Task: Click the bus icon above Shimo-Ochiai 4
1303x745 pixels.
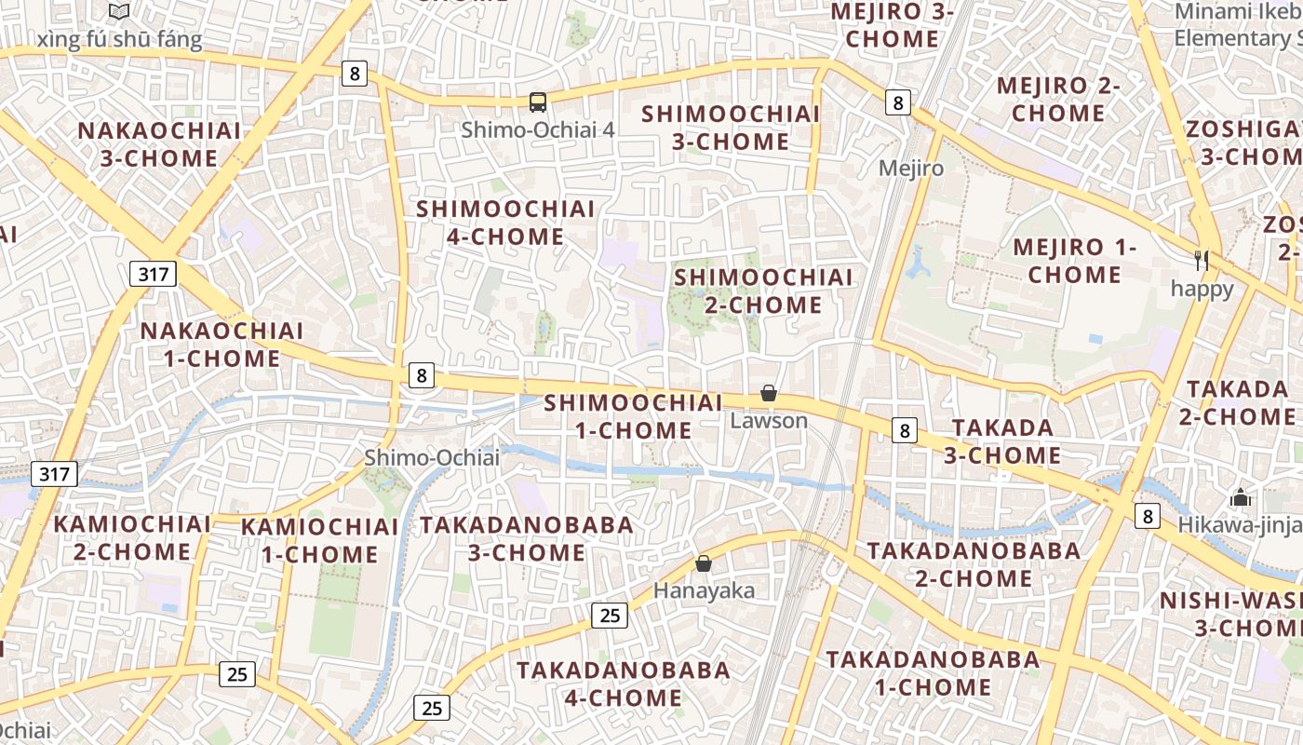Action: click(x=537, y=102)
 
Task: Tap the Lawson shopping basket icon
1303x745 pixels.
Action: click(x=769, y=394)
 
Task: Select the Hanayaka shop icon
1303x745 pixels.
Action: click(x=704, y=563)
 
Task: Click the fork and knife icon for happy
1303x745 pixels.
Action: click(x=1202, y=261)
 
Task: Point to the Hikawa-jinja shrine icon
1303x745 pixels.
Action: click(x=1240, y=498)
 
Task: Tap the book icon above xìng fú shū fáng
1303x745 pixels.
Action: click(x=119, y=12)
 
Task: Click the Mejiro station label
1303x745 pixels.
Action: click(x=911, y=169)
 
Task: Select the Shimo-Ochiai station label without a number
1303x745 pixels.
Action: click(x=432, y=457)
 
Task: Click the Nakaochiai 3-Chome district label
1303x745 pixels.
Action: click(x=159, y=144)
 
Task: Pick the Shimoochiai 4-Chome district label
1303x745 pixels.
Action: click(x=505, y=223)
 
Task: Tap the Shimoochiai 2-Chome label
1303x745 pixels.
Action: click(x=763, y=291)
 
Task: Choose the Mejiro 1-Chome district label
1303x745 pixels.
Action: click(x=1075, y=261)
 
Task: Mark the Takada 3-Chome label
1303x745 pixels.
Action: click(x=1002, y=441)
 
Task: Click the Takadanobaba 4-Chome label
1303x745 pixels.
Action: click(x=624, y=684)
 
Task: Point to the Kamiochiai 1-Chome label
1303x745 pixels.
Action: click(x=319, y=540)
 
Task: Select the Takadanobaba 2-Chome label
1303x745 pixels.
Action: click(x=974, y=564)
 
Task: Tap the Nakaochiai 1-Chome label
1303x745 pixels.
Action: click(x=222, y=344)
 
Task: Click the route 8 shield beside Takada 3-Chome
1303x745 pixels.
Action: click(x=905, y=430)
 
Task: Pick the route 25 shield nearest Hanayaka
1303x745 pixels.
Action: click(x=610, y=615)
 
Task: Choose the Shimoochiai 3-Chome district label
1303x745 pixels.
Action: click(x=731, y=128)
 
